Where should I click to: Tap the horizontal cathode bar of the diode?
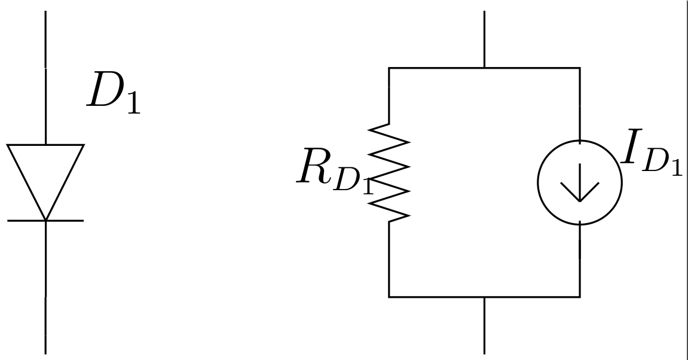[45, 221]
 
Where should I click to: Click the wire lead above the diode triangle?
[45, 78]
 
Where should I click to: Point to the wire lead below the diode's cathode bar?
[45, 287]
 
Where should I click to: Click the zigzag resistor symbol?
[389, 173]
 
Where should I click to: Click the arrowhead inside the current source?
[580, 193]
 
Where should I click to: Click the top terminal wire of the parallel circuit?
[484, 39]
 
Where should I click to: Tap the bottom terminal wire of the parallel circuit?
[484, 325]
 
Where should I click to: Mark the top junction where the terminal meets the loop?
[484, 68]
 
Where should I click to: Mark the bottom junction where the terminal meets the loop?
[484, 297]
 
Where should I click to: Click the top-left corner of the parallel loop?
[389, 68]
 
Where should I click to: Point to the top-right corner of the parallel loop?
[580, 68]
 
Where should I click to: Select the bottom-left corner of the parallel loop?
[389, 297]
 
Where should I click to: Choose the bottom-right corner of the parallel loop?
[580, 297]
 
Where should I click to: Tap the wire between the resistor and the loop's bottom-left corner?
[389, 260]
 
